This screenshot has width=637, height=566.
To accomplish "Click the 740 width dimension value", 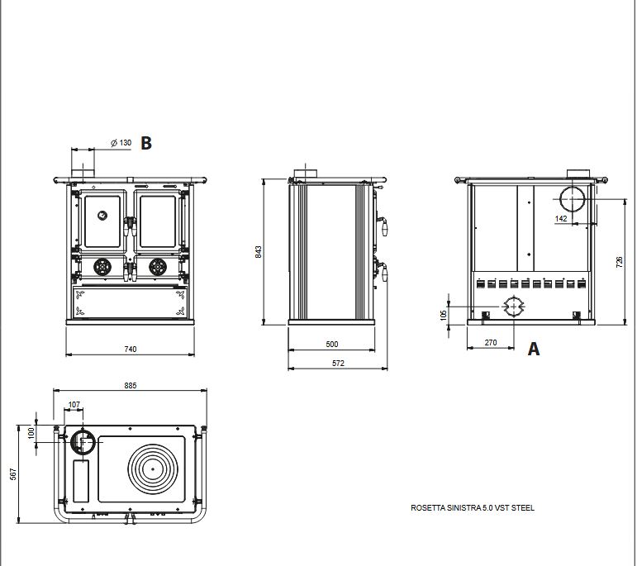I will (x=130, y=350).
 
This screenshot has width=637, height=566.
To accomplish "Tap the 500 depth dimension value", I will (x=332, y=345).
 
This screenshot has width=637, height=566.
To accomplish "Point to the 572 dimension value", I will (x=338, y=364).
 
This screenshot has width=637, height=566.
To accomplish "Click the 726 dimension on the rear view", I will (x=620, y=261).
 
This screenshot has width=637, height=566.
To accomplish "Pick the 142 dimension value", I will (x=562, y=219).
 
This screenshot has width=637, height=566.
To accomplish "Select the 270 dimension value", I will (x=490, y=342).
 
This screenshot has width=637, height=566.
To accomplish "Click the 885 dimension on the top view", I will (x=131, y=386).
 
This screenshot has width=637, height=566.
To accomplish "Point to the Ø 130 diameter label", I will (x=121, y=143).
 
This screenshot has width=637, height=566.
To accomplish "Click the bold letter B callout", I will (x=146, y=143).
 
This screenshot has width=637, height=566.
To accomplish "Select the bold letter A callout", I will (x=534, y=350).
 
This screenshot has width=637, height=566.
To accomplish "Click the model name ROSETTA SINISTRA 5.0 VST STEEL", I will (x=473, y=508).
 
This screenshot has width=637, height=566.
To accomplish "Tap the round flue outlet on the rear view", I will (x=573, y=200).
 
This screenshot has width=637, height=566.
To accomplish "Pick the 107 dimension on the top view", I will (x=74, y=405).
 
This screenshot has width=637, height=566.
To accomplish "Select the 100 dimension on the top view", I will (x=32, y=432).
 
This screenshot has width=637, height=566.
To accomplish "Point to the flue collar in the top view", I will (x=82, y=443).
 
